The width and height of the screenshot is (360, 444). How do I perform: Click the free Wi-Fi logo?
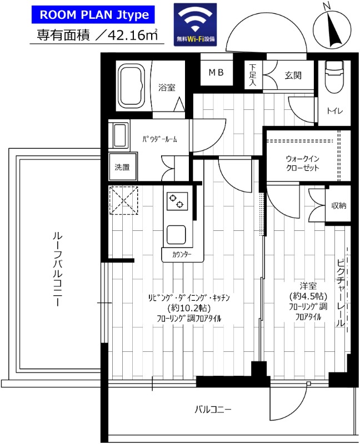195,24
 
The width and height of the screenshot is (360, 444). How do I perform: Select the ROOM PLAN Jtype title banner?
93,15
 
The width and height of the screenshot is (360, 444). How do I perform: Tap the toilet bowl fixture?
334,77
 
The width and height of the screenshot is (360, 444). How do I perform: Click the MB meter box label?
216,73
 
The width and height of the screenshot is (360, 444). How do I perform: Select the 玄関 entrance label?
293,75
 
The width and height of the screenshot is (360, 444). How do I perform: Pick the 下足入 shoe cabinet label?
253,75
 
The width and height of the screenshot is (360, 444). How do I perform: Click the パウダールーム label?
159,139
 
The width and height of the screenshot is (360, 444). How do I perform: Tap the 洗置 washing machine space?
122,167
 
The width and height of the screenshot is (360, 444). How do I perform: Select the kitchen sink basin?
176,235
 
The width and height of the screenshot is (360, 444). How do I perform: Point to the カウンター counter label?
182,255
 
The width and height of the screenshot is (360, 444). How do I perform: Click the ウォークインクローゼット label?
302,163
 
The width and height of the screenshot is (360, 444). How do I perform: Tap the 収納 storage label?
339,205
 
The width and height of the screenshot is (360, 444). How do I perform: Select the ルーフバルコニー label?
58,269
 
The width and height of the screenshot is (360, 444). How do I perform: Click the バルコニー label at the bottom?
213,410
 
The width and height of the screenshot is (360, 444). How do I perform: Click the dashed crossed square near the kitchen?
124,200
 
